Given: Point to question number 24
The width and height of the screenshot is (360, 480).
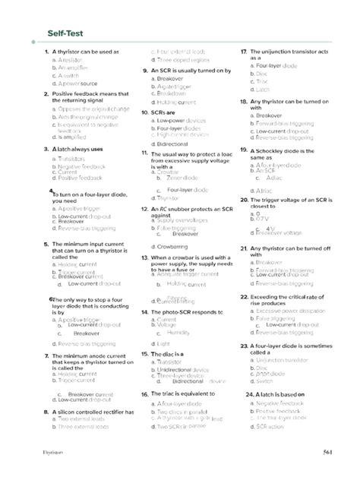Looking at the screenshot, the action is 251,395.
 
